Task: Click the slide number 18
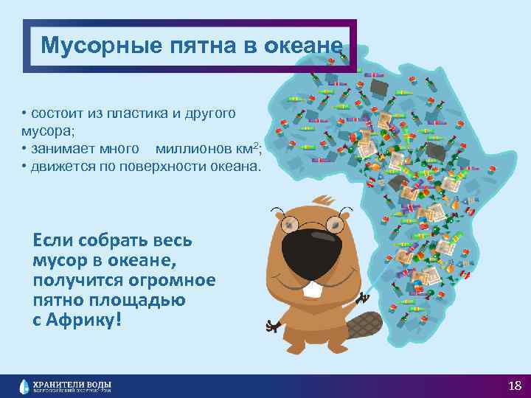(515, 385)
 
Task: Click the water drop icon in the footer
(25, 385)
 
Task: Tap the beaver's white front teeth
(315, 290)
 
